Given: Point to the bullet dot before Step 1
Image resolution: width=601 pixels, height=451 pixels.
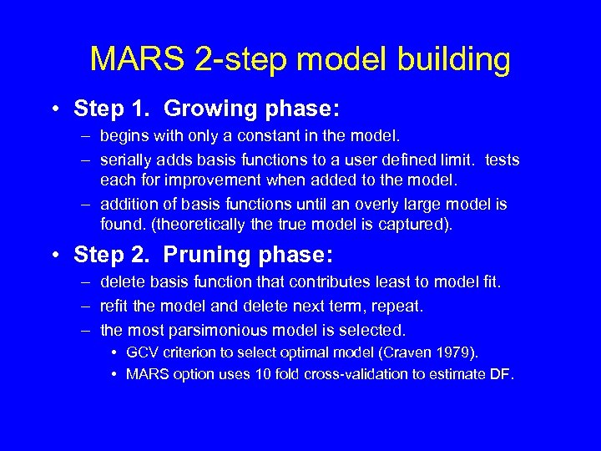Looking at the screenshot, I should click(53, 109).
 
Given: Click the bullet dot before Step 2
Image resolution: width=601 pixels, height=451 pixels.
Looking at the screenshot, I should click(53, 255).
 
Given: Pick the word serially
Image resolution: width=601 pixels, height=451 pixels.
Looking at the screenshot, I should click(124, 160).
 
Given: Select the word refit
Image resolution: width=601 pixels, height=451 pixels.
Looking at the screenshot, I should click(115, 307).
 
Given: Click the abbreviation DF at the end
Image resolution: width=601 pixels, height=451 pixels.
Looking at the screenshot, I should click(501, 374).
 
